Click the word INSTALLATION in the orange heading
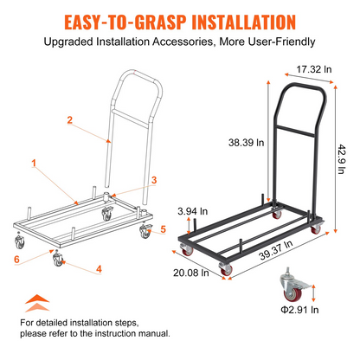(x=244, y=22)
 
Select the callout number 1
(x=34, y=164)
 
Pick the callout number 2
(x=70, y=120)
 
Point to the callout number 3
(x=154, y=180)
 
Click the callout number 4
(x=99, y=269)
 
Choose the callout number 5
(x=164, y=229)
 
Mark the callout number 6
(x=17, y=259)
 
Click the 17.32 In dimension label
(x=314, y=69)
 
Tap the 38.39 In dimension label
(x=246, y=143)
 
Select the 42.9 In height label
(x=342, y=159)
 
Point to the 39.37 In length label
(x=275, y=250)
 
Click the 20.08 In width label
(x=191, y=273)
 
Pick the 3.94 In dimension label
(x=192, y=211)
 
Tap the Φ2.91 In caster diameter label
(x=299, y=310)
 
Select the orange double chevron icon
(x=37, y=303)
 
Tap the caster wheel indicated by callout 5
(x=145, y=231)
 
